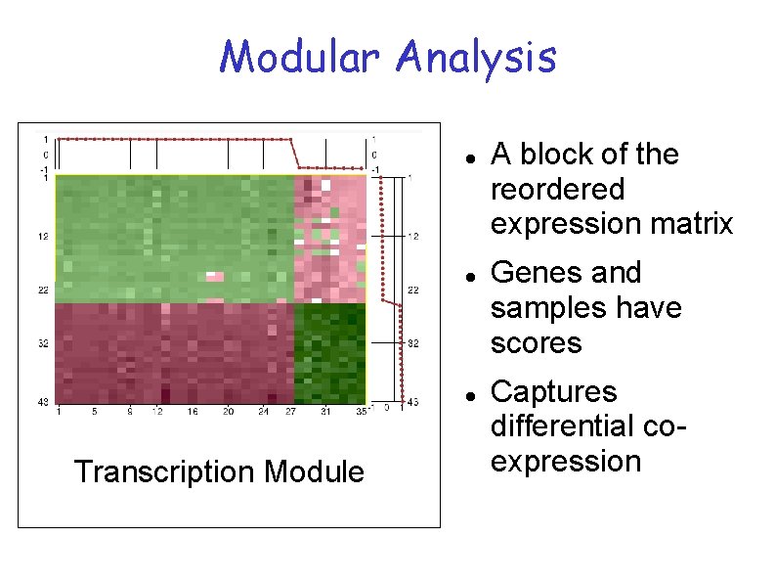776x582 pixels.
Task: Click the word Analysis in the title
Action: click(x=476, y=58)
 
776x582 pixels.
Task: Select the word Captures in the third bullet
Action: click(x=553, y=391)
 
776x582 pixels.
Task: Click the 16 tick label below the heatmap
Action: click(x=193, y=412)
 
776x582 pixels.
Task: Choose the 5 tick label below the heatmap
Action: click(x=95, y=412)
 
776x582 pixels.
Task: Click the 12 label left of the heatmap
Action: click(x=44, y=236)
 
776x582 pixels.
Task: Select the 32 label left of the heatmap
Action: click(x=44, y=344)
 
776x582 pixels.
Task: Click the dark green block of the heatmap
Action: click(x=329, y=352)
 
